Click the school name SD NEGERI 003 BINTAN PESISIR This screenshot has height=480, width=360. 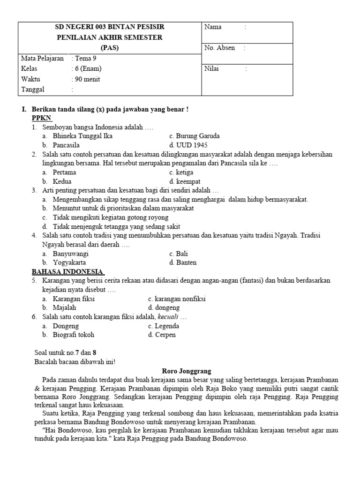[x=110, y=27]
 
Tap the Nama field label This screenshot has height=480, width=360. [x=213, y=27]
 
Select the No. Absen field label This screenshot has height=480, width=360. [x=219, y=48]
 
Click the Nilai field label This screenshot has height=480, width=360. [x=211, y=69]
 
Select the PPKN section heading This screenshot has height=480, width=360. [x=42, y=118]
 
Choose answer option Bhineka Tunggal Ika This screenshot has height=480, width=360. [x=82, y=136]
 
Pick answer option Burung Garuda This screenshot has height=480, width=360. [x=195, y=136]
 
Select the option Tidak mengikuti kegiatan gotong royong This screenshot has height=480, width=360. [x=111, y=217]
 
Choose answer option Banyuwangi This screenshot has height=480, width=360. [x=71, y=254]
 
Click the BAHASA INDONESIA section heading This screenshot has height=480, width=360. [x=67, y=271]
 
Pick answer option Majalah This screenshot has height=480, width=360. [x=64, y=308]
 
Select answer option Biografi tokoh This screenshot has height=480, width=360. [x=73, y=335]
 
